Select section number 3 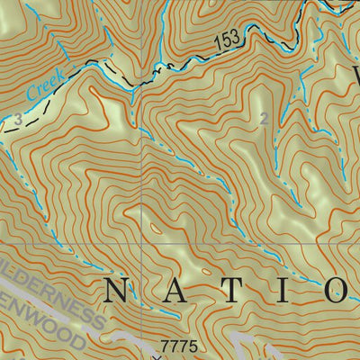tap(17, 117)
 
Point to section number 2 tap(264, 119)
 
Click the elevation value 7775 tap(177, 346)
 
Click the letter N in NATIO tap(116, 290)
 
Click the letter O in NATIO tap(337, 290)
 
